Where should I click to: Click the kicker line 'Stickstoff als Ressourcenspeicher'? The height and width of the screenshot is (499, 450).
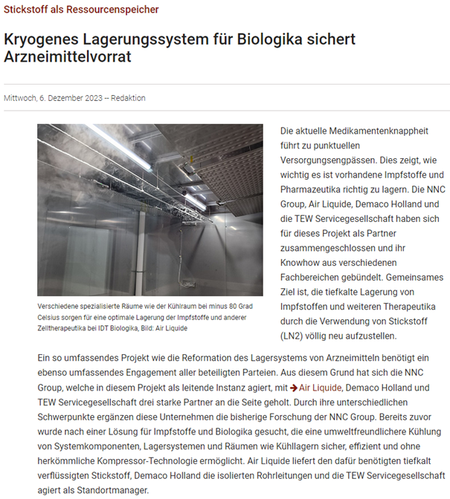click(x=81, y=10)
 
